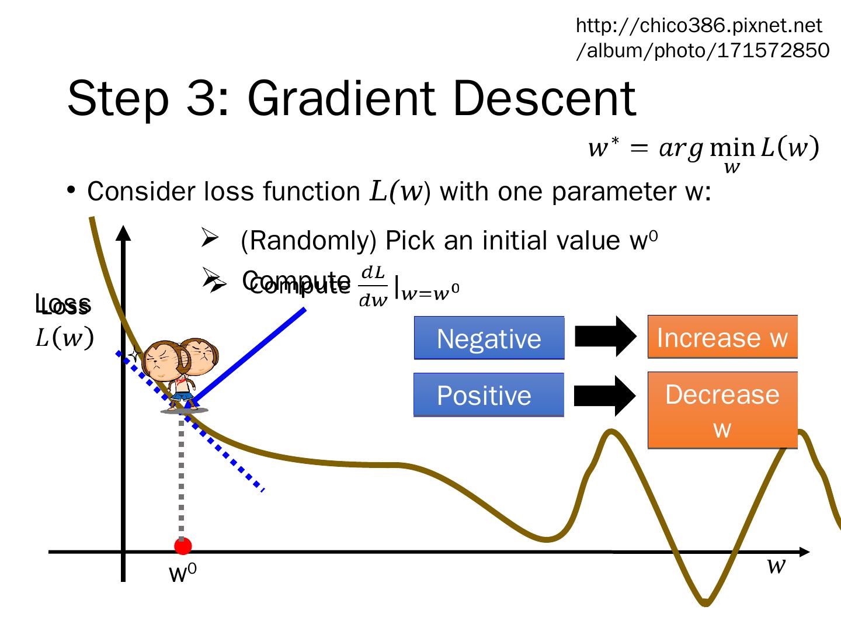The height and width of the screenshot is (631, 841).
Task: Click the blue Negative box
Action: point(489,338)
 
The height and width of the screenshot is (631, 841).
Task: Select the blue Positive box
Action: point(488,395)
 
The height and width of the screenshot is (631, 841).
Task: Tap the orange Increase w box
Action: point(722,337)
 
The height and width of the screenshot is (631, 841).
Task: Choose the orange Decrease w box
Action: point(722,410)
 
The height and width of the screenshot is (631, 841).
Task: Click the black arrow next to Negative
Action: point(606,336)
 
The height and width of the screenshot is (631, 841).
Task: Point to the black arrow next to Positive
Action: point(605,396)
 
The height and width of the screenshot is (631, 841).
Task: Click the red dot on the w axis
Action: point(183,546)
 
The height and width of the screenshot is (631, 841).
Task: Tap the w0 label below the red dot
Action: point(182,574)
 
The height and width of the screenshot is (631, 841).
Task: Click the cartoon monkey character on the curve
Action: point(180,371)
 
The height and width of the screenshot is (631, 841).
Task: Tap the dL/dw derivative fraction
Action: point(373,286)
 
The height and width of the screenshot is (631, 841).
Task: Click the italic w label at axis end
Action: point(776,565)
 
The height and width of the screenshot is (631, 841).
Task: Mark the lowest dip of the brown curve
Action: point(706,602)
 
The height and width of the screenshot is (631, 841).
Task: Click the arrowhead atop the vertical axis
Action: point(123,233)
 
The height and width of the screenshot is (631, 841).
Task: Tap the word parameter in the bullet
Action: point(610,191)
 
